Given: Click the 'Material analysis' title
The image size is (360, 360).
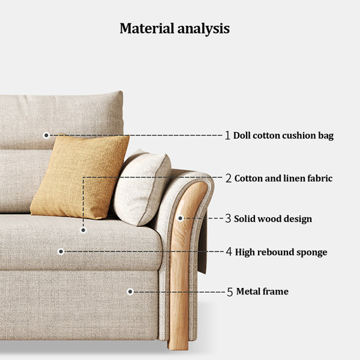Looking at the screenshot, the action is pos(175,29).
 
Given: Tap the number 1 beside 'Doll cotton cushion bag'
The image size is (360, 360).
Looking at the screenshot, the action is pos(227,135).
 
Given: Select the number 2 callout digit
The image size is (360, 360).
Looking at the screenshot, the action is pos(229,178).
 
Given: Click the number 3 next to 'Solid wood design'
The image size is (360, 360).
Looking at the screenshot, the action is pos(228,218).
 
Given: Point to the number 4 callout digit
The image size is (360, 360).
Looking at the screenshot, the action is pos(229,251).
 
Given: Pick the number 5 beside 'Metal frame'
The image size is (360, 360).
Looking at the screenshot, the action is pos(230,292).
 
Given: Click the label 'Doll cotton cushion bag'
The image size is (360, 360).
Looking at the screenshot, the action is pos(283,136).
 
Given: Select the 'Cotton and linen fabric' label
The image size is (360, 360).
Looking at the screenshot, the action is pos(283,178).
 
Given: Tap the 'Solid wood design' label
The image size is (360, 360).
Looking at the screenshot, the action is pos(273,218).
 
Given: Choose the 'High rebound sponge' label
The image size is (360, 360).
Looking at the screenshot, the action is pos(281,252).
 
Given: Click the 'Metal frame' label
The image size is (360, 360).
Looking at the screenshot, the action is pos(262,292).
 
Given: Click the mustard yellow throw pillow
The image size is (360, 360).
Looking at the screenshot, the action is pos(80,176).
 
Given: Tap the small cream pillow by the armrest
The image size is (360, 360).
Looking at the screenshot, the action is pos(142,187).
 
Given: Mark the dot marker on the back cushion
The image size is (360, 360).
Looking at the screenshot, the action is pos(46,136).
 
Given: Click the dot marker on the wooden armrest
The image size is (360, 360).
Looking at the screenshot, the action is pos(181,218).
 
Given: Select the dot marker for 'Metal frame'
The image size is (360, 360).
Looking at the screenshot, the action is pos(130,292).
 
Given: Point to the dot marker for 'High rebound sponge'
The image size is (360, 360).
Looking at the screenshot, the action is pos(61,251).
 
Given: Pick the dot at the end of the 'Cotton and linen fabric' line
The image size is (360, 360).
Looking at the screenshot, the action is pos(83,230).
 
